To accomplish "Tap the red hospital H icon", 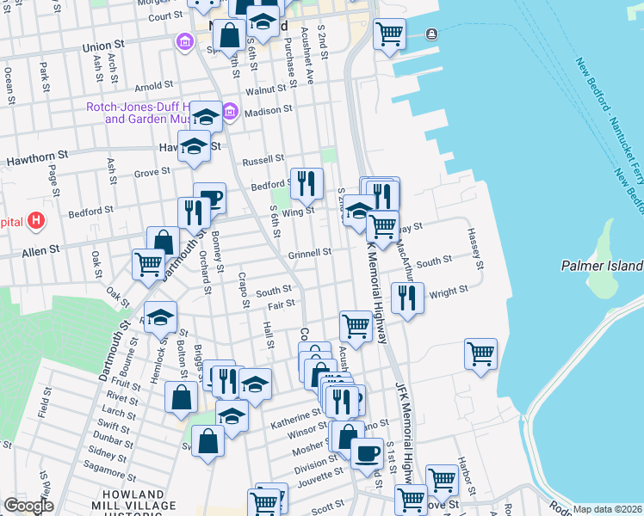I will (35, 221).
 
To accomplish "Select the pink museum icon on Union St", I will (183, 41).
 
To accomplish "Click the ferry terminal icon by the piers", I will (430, 34).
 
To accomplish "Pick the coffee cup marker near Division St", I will (366, 452).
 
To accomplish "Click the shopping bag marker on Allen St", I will (163, 243).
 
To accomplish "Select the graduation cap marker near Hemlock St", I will (160, 318).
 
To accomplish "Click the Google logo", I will (28, 506).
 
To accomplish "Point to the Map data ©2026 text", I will (608, 509).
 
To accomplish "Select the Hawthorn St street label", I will (37, 161).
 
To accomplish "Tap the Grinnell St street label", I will (310, 253).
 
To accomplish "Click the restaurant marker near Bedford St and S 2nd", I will (307, 182).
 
